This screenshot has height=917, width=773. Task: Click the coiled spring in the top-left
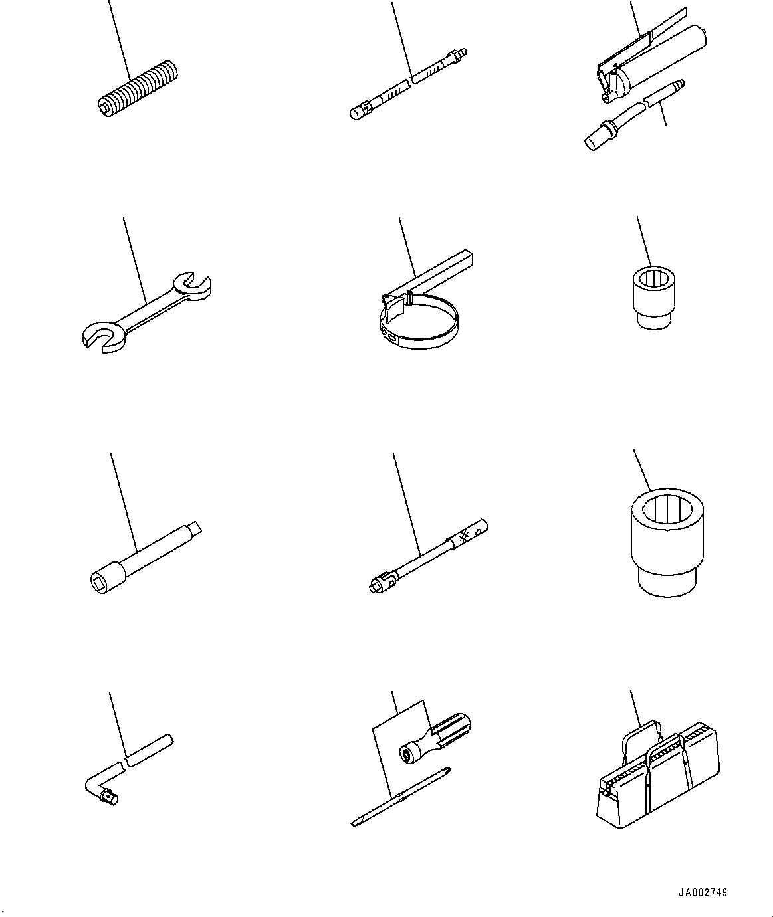pos(138,90)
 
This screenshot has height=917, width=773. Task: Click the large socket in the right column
pos(665,542)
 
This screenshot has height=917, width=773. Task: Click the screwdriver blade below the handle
pos(399,797)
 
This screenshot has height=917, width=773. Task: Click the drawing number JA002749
pos(703,892)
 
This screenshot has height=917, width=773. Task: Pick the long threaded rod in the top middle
pos(409,82)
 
